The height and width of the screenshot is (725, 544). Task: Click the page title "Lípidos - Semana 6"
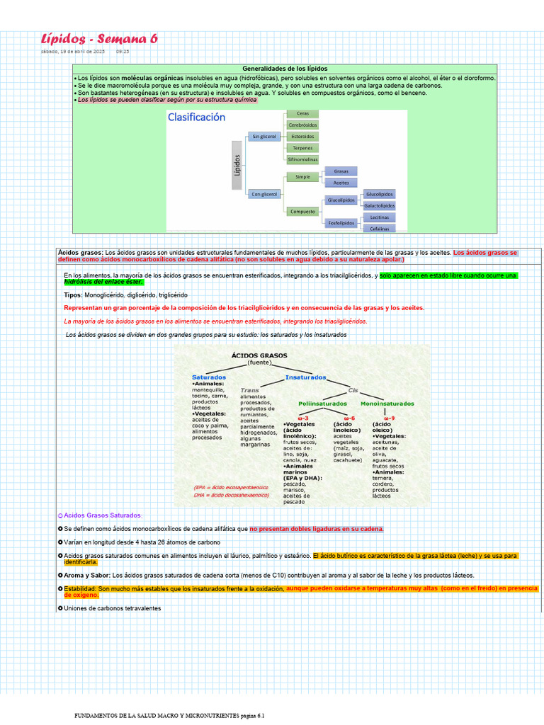(x=99, y=38)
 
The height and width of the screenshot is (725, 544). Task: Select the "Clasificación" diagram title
(x=196, y=118)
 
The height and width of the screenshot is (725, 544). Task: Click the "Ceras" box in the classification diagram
(x=302, y=113)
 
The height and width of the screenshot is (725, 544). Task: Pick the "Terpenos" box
(x=302, y=148)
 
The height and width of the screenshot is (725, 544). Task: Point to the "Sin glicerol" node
(x=263, y=136)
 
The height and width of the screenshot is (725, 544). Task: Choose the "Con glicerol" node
(x=263, y=193)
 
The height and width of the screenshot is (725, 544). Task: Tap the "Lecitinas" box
(x=379, y=217)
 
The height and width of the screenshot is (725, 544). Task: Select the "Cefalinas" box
(x=379, y=228)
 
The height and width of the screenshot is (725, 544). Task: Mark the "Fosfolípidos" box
(x=341, y=223)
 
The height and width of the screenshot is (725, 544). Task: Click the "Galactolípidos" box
(x=379, y=205)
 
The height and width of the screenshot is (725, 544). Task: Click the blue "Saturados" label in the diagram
(x=209, y=377)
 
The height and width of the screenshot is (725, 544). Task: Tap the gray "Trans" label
(x=249, y=390)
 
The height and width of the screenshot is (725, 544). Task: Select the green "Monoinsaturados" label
(x=387, y=404)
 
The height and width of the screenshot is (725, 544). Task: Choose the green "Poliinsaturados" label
(x=322, y=404)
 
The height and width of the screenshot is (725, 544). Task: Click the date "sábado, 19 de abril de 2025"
(x=72, y=52)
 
